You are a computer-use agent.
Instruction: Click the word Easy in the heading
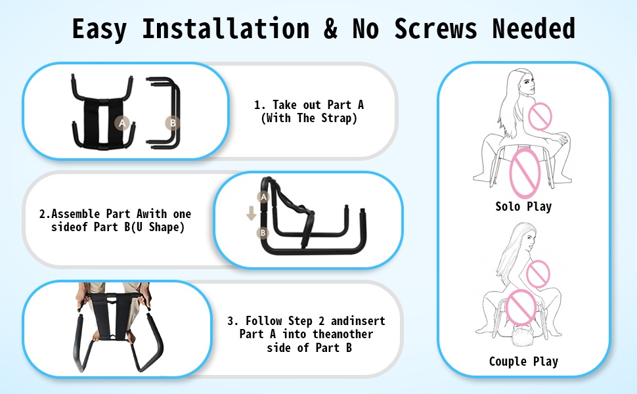(100, 29)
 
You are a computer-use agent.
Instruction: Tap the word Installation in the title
(225, 28)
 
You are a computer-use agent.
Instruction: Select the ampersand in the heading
(331, 28)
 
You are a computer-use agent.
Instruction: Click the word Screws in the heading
(435, 28)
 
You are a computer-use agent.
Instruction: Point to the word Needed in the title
(533, 28)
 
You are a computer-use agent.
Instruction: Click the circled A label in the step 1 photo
(121, 123)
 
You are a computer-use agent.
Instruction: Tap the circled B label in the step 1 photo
(173, 123)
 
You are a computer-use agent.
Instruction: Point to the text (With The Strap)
(309, 118)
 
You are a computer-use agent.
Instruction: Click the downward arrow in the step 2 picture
(251, 213)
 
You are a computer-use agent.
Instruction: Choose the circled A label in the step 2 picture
(263, 197)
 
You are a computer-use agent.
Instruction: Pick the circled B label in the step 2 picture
(263, 232)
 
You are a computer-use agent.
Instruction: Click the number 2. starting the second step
(45, 214)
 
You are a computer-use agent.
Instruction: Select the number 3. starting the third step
(232, 321)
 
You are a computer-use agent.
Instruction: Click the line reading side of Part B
(309, 347)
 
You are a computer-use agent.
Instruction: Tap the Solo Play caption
(523, 206)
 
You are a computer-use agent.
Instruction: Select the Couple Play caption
(523, 361)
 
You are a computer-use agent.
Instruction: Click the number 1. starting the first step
(259, 105)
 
